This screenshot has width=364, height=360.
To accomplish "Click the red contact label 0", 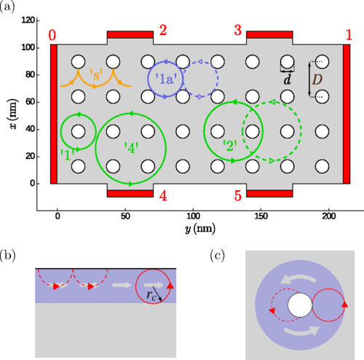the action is pos(52,35).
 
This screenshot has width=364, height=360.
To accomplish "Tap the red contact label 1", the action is pos(349,35).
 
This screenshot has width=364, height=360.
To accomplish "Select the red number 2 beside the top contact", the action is pos(163,31).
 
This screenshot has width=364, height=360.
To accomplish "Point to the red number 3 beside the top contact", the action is pos(238,31).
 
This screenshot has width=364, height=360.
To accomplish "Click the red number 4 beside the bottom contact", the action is pos(163,195).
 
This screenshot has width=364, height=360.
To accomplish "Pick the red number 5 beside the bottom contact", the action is pos(238,195).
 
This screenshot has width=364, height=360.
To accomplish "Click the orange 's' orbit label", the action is pos(96,75).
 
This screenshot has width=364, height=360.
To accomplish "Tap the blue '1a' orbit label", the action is pos(166,79).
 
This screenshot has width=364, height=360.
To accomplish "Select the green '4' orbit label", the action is pos(131,148).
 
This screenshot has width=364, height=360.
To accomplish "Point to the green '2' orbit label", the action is pos(230,146).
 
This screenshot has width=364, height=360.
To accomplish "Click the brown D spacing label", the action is pos(317,79).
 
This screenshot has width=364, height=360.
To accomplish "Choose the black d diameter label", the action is pos(287,79).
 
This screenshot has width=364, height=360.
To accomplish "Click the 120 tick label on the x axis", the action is pos(28,20).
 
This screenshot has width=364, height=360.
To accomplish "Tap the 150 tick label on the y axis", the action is pos(261,216).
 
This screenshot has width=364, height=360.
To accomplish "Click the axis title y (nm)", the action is pos(199,229).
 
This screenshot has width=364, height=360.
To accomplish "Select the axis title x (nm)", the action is pos(14,114).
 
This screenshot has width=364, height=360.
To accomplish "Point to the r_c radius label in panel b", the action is pos(151,295).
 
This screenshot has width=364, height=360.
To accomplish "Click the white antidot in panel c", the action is pos(300,305).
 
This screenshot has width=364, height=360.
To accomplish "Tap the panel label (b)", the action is pos(7,256).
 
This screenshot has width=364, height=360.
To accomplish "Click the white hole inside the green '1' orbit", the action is pos(78,131).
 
